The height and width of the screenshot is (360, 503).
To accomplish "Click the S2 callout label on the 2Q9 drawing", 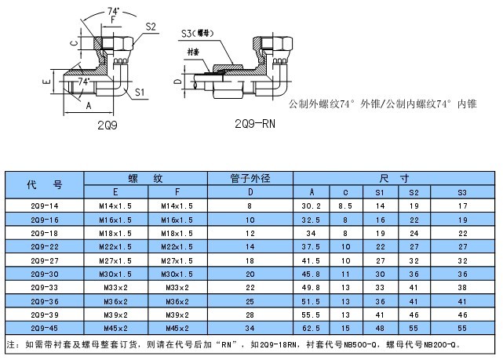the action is tap(151, 27).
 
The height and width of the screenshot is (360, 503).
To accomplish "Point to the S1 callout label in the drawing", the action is tap(140, 93).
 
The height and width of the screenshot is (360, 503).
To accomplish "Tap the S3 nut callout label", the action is tap(197, 34).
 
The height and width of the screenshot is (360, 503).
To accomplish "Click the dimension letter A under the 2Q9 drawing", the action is tap(89, 105).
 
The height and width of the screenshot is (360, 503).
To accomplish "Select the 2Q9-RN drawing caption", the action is tap(255, 124).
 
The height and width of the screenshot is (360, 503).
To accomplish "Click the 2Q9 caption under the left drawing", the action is tap(108, 125).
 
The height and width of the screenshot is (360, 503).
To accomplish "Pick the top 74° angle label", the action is tap(113, 11).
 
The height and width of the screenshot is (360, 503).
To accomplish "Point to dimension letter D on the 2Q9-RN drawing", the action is tap(177, 82).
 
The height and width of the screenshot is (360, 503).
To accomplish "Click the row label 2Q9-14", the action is tap(45, 206).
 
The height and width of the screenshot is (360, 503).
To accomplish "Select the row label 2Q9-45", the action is tap(45, 329).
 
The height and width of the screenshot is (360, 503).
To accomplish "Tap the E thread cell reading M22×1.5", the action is tap(115, 247).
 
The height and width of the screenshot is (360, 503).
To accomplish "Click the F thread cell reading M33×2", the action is tap(177, 288).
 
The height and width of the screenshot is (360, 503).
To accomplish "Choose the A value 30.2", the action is tap(312, 206).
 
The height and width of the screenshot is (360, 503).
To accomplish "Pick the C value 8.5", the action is tap(345, 206).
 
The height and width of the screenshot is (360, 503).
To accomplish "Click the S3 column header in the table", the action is tap(462, 193).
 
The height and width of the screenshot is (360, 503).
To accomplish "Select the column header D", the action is tap(250, 192).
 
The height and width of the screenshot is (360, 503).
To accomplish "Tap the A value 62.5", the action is tap(311, 329).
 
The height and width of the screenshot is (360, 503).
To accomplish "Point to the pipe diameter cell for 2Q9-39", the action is tap(250, 315).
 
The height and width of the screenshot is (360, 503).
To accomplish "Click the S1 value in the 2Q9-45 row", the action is tap(380, 329).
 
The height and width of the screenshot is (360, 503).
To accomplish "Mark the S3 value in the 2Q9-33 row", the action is tap(462, 288).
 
